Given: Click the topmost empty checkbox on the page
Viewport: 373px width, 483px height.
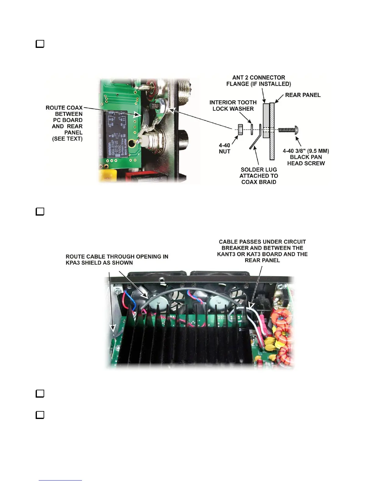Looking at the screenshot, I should pos(40,44).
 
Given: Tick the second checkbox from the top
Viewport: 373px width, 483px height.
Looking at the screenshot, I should pos(40,211).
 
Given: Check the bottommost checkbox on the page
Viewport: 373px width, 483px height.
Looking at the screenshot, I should pos(40,415).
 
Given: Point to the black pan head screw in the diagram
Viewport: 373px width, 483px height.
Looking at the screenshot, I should pos(288,130).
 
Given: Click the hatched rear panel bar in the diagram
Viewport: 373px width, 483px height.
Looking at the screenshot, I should pos(272,131).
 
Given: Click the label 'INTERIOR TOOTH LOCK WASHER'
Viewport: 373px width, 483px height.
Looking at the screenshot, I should pos(233,106).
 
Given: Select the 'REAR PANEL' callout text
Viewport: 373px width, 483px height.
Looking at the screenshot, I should pos(303,95).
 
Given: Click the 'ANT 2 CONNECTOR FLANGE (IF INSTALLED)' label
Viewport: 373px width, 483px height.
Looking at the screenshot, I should pos(258,81).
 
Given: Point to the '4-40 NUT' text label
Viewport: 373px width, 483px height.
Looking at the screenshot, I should pos(225,148).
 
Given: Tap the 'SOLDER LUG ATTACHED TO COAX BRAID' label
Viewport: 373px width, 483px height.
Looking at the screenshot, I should pos(259,176).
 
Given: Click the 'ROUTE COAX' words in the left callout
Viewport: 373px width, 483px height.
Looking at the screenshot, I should pos(64,108).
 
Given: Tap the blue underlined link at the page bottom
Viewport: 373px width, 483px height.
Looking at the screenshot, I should pos(60,480).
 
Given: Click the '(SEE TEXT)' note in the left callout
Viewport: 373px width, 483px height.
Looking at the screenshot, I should pos(67,139).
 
